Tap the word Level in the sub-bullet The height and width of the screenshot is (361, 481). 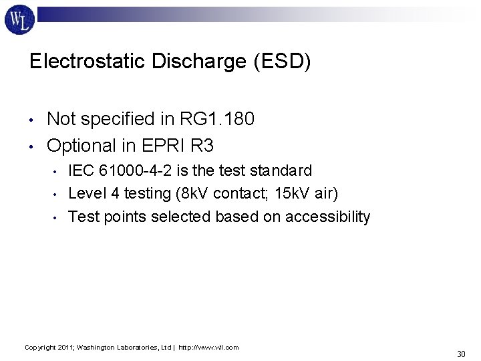pos(86,193)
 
